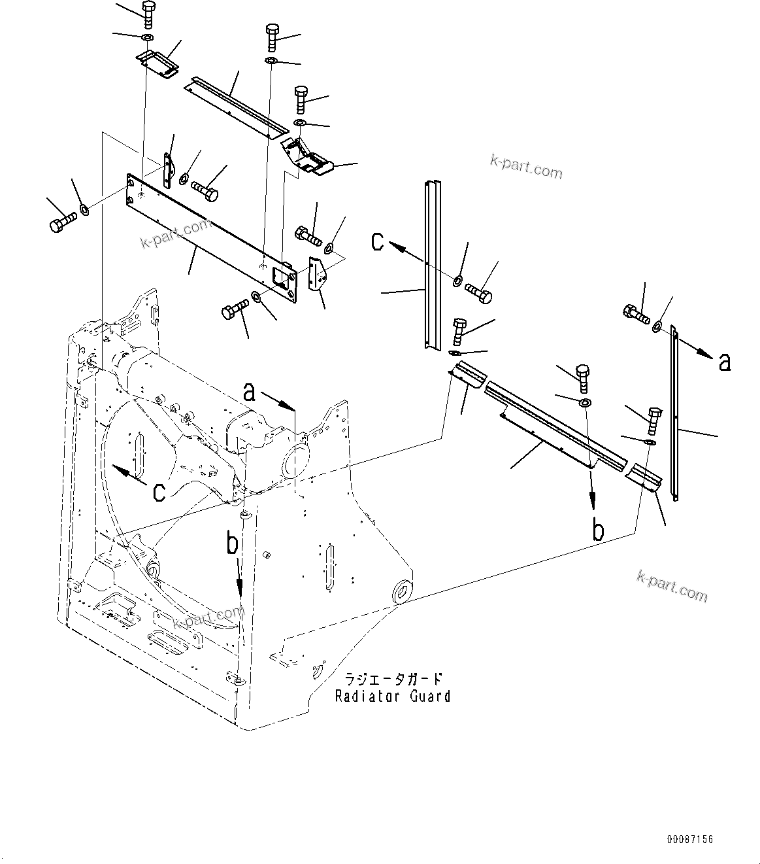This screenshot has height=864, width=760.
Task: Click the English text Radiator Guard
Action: tap(393, 696)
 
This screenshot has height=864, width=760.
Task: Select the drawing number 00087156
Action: tap(689, 839)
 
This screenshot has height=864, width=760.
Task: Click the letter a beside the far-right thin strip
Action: tap(724, 361)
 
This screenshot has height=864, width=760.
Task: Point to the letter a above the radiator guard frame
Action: tap(249, 392)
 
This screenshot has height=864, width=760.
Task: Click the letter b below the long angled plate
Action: tap(597, 530)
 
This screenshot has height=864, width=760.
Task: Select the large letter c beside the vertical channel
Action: tap(378, 241)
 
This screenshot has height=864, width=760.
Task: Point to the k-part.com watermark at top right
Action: tap(526, 167)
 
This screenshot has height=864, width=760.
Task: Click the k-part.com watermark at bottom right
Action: tap(672, 586)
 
